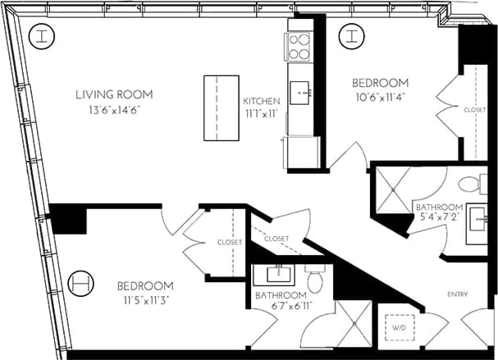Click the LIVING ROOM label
tap(114, 95)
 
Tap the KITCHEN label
tap(262, 102)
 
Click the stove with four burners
tap(298, 47)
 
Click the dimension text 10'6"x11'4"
tap(380, 98)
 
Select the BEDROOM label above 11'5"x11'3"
tap(144, 285)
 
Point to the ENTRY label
tap(458, 294)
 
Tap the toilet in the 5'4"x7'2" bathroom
tap(468, 184)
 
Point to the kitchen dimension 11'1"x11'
tap(262, 116)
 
